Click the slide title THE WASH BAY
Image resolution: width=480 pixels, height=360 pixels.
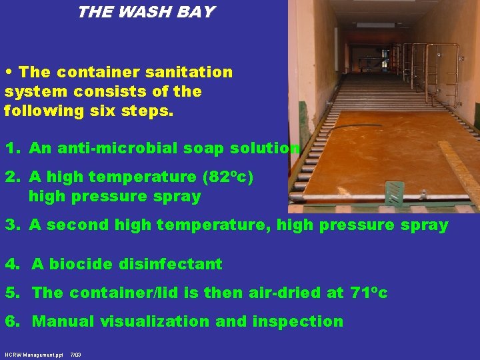click(x=145, y=13)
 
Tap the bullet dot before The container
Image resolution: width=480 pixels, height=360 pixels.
click(x=9, y=72)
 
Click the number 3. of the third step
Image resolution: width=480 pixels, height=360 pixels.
click(x=13, y=225)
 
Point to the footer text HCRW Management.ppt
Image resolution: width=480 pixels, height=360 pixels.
click(x=33, y=355)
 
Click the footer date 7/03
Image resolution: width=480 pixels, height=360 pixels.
click(x=75, y=355)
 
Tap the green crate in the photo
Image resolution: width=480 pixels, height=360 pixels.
click(x=394, y=193)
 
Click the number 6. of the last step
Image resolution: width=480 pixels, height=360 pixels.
click(x=13, y=321)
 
